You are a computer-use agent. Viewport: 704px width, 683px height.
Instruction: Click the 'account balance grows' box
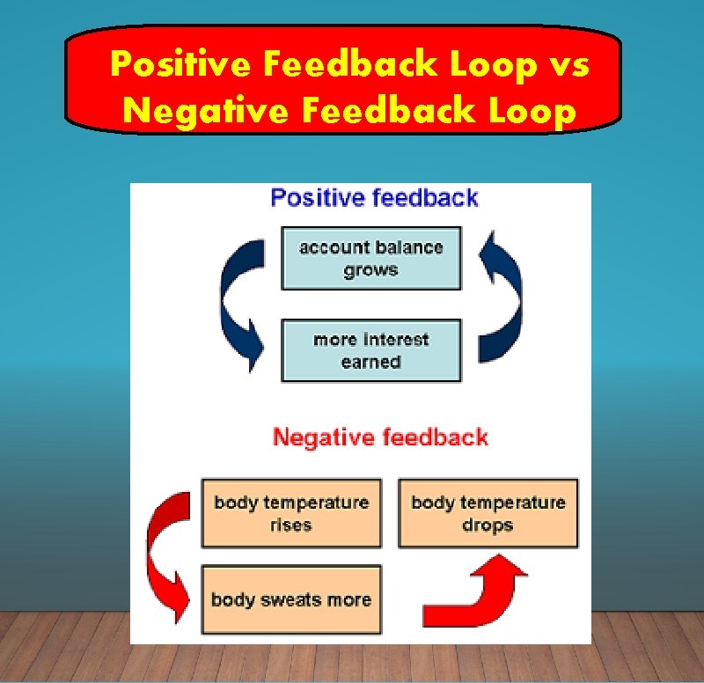click(x=370, y=258)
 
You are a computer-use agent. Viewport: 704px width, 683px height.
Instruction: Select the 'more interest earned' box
click(x=370, y=350)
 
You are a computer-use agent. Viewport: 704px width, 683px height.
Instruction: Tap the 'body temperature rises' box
click(x=291, y=513)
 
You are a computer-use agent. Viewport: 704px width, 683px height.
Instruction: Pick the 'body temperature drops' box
click(x=488, y=513)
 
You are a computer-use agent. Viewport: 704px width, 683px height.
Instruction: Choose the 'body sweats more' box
click(x=291, y=599)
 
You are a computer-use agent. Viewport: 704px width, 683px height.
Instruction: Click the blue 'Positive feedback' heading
click(x=374, y=198)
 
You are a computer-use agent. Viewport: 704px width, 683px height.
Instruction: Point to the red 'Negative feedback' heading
click(x=380, y=437)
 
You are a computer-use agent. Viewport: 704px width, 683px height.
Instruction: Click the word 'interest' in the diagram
click(x=395, y=339)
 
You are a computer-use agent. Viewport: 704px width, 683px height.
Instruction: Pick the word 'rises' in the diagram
click(x=291, y=525)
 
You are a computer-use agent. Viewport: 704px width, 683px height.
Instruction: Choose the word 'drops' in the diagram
click(x=488, y=525)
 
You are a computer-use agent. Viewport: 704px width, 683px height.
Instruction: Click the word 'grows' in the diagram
click(x=370, y=270)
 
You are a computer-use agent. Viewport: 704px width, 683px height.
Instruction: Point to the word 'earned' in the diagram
click(x=370, y=362)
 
